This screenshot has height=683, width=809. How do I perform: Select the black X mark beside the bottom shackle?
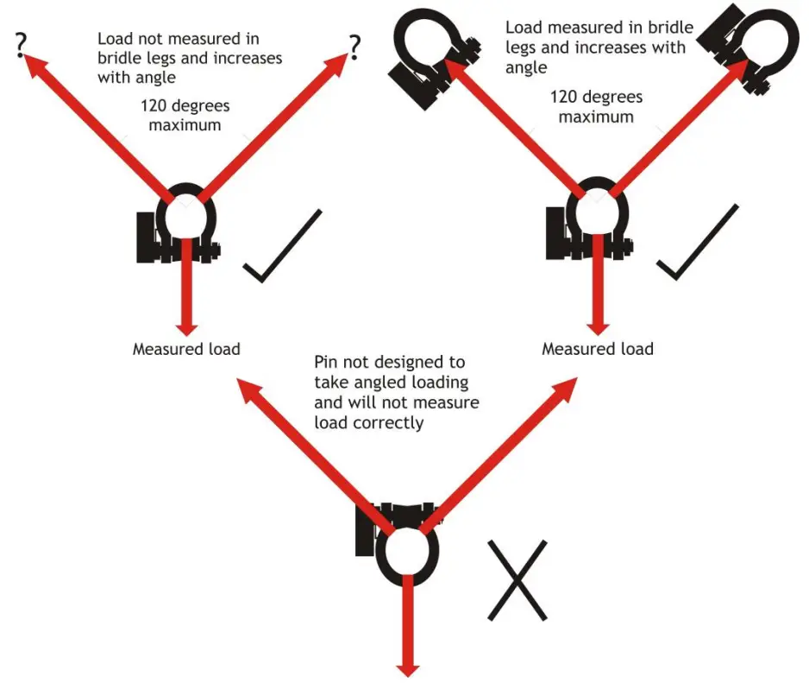[517, 580]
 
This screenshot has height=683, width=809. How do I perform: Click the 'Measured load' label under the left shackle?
[185, 350]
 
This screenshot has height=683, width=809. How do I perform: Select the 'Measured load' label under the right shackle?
[597, 349]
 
